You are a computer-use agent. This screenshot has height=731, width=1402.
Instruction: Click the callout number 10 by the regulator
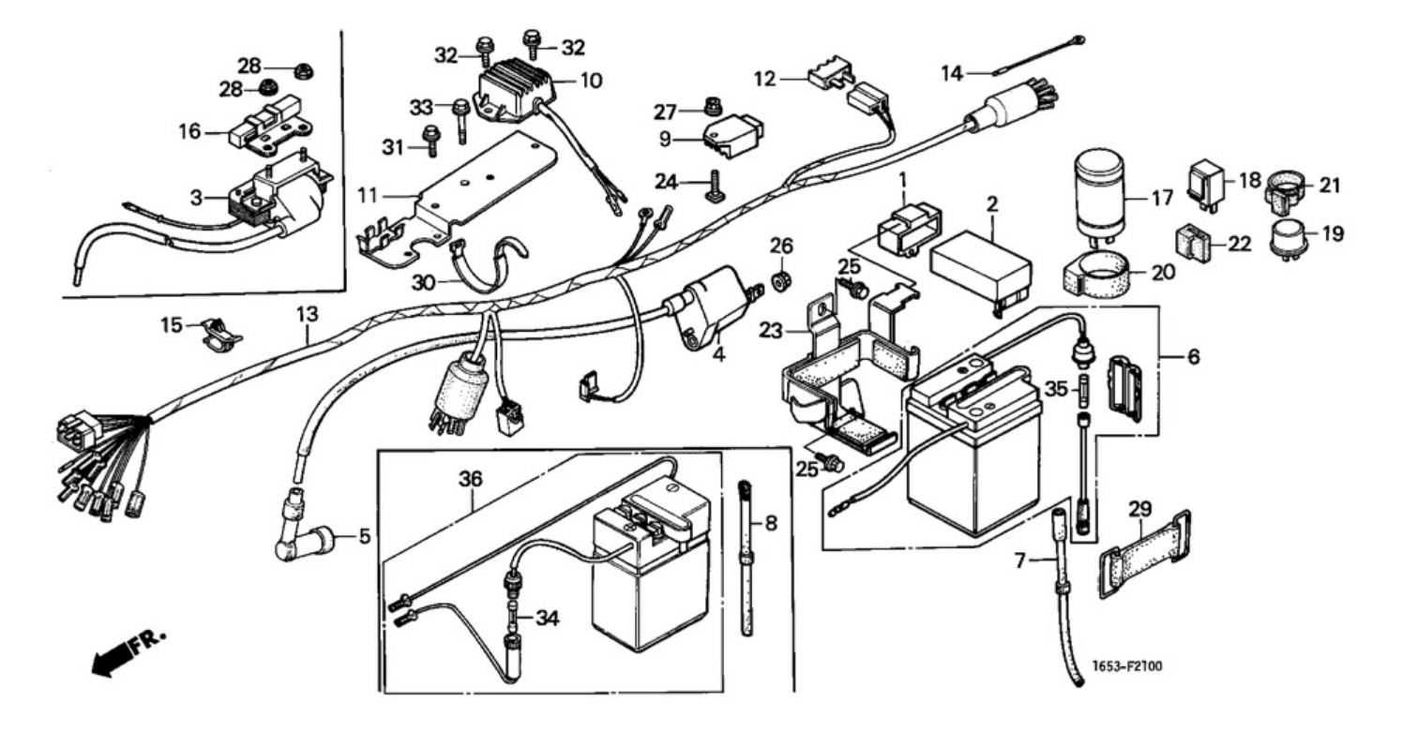(x=591, y=81)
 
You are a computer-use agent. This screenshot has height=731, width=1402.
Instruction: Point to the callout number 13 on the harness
(x=308, y=313)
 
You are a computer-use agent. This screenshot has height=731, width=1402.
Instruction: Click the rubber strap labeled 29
(x=1143, y=553)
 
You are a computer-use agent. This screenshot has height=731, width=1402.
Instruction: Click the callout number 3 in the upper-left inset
(x=196, y=199)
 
